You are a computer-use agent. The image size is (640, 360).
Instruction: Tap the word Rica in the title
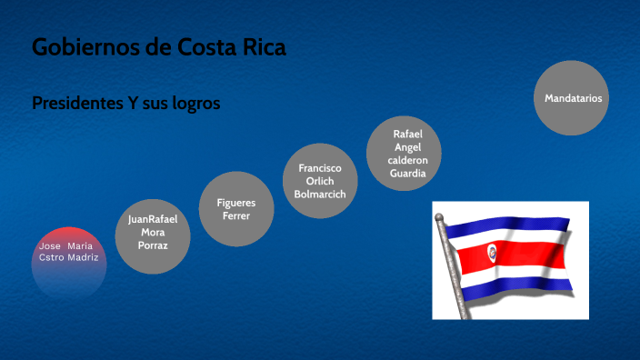(x=260, y=48)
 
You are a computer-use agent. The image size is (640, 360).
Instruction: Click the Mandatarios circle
(x=573, y=98)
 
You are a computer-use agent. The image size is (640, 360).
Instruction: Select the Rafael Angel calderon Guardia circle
(x=407, y=154)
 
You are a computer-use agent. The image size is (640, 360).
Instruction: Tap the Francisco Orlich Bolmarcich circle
(x=314, y=181)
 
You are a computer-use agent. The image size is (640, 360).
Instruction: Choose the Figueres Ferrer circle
(x=236, y=209)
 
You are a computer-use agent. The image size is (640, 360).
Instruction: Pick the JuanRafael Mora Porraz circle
(x=152, y=233)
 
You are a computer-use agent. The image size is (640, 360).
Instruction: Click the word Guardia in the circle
(x=407, y=174)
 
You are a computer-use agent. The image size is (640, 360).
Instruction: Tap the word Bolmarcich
(x=314, y=195)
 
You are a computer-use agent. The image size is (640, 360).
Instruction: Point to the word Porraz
(x=152, y=245)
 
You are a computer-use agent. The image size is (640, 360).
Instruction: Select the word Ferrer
(x=236, y=216)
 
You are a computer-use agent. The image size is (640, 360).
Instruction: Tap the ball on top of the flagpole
(x=441, y=218)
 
